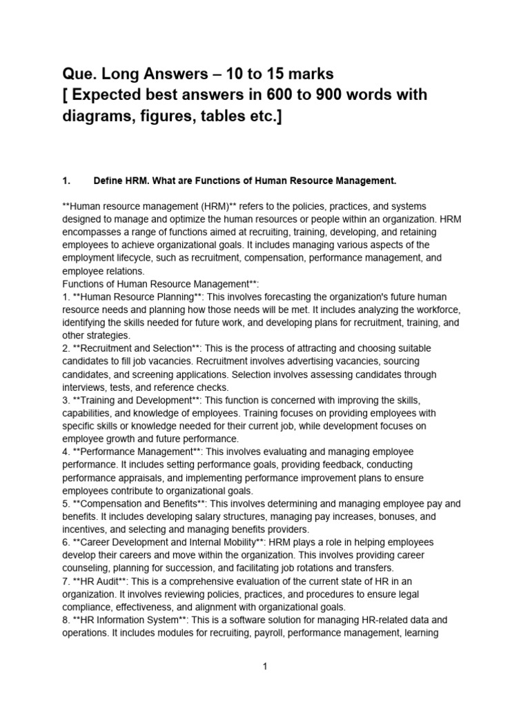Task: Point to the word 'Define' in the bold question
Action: click(x=108, y=181)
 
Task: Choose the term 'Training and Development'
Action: click(x=134, y=400)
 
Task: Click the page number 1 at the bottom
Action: click(x=264, y=667)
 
